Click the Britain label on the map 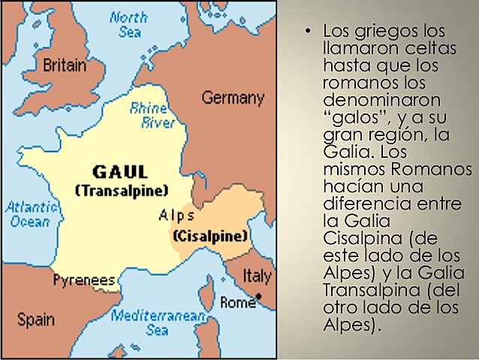point(64,65)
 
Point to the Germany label point(233,98)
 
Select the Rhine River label point(148,114)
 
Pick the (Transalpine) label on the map point(122,190)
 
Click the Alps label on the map point(177,216)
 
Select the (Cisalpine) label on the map point(210,236)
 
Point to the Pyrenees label point(84,280)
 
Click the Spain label point(35,320)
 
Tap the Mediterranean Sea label point(158,322)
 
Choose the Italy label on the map point(257,277)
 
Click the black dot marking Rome point(258,298)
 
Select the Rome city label point(237,303)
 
